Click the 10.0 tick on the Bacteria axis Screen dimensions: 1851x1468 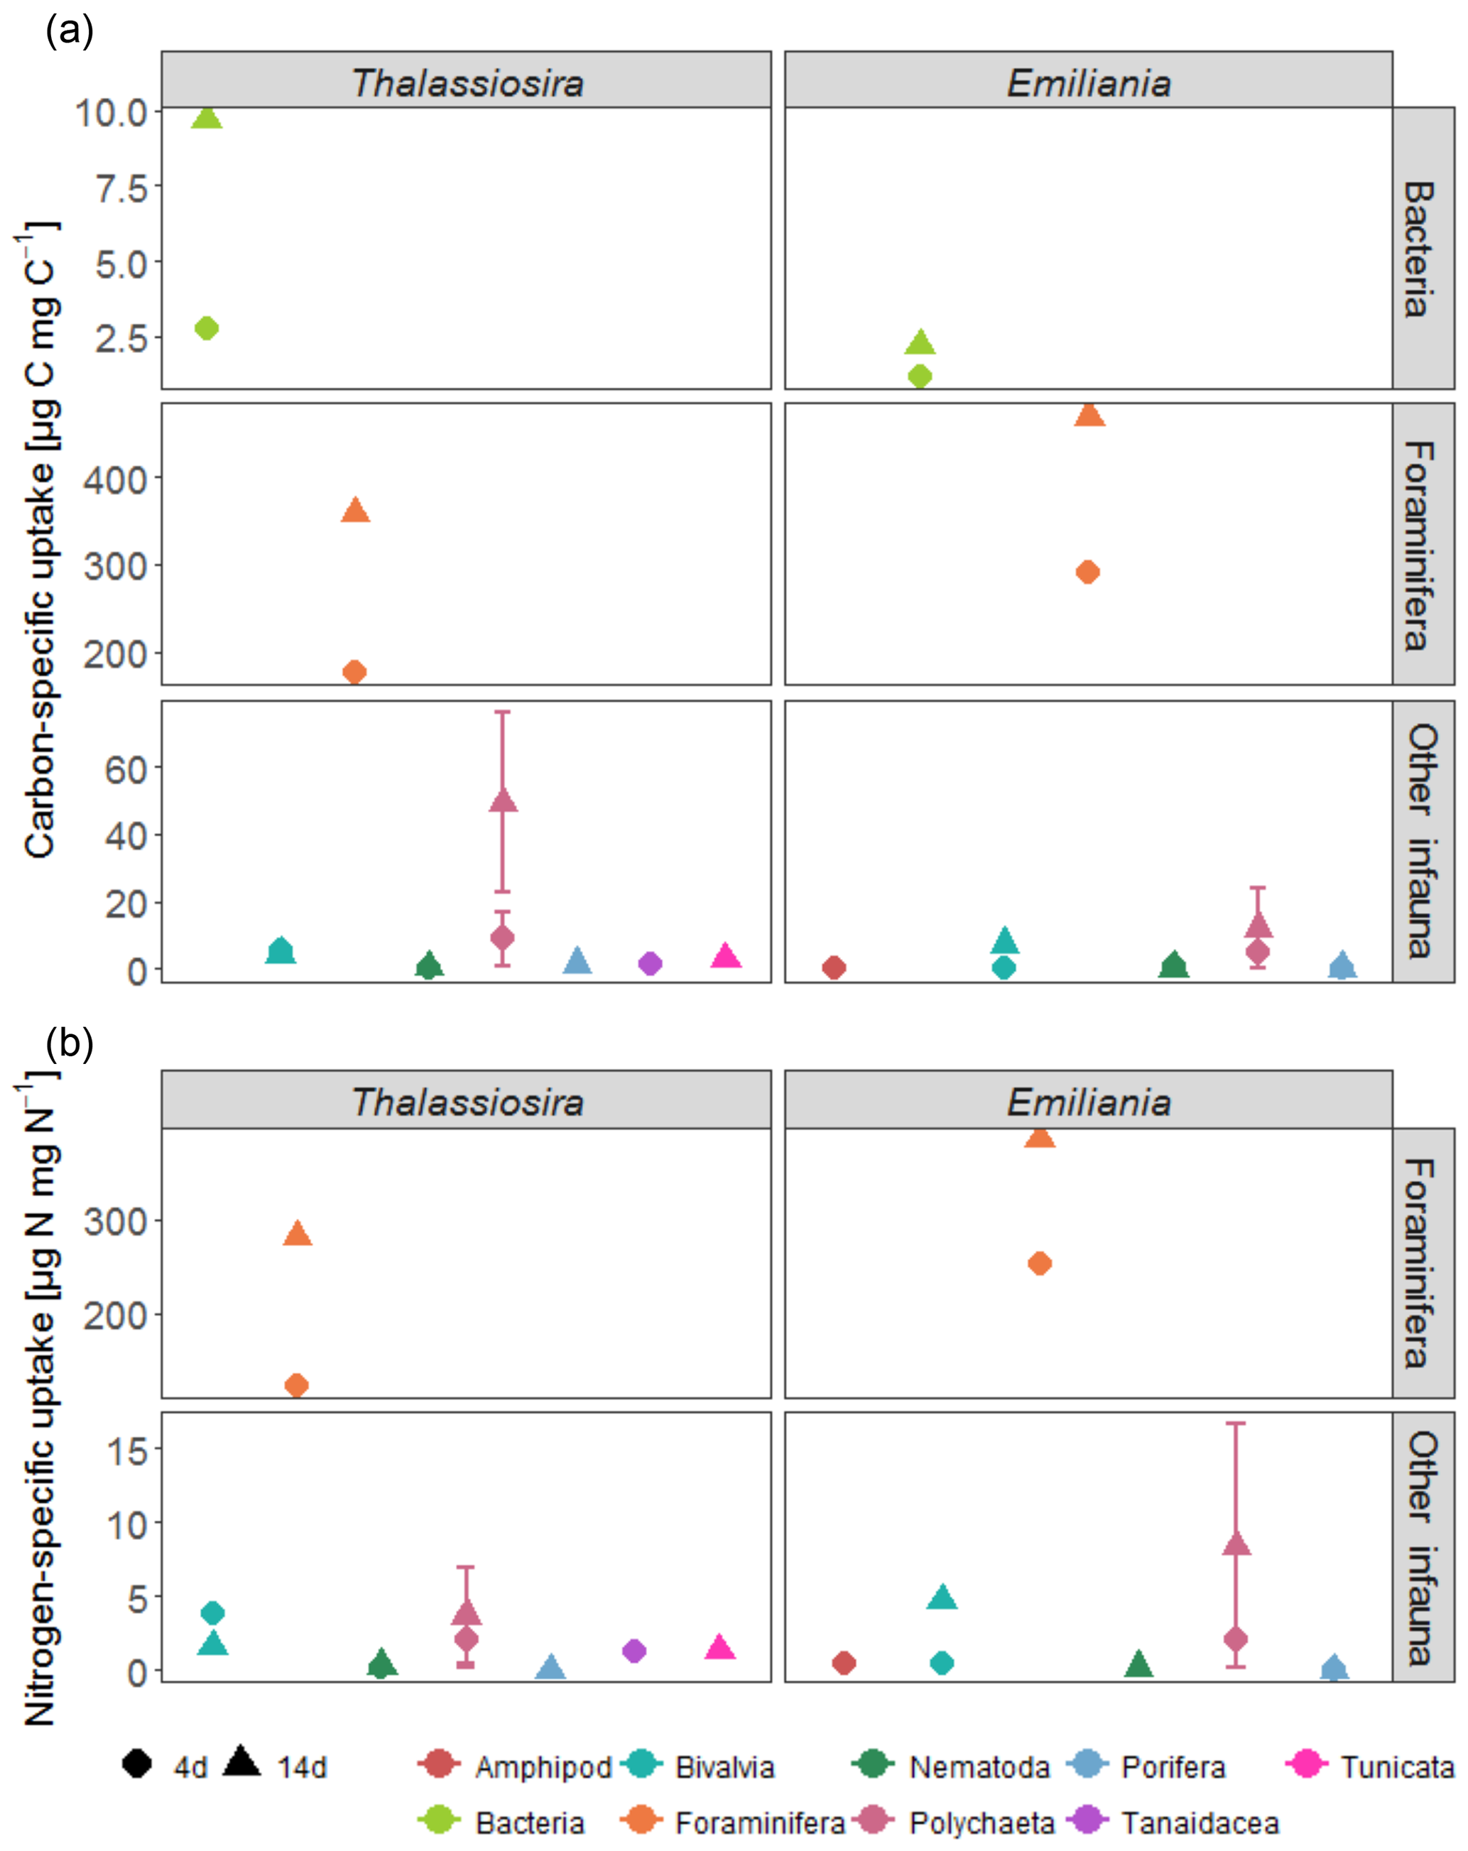112,112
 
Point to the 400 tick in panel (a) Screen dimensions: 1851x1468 115,479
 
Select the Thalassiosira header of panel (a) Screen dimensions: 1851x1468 467,82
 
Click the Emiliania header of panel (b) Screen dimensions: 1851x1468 1088,1102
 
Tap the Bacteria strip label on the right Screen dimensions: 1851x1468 1421,249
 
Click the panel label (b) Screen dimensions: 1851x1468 69,1043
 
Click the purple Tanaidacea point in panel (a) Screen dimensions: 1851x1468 651,963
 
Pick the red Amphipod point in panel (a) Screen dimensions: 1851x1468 834,967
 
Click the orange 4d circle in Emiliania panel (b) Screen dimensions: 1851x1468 1040,1263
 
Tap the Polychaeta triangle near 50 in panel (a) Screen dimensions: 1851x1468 503,801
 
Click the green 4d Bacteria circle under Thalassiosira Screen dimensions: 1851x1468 207,328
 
